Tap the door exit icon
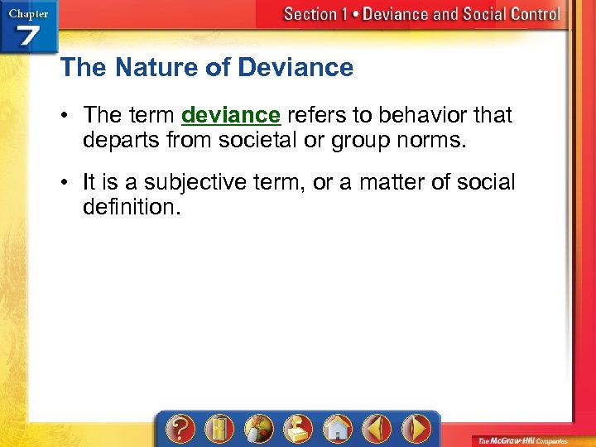coord(219,429)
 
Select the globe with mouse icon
coord(257,429)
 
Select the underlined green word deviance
coord(231,114)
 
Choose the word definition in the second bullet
coord(130,206)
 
